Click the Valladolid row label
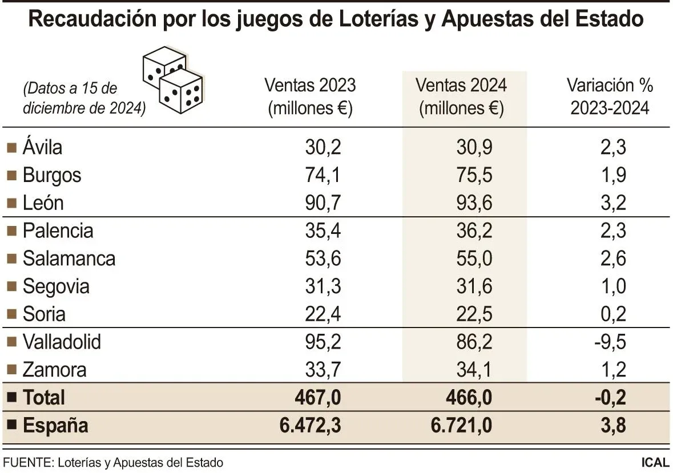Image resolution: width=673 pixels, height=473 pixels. (x=62, y=342)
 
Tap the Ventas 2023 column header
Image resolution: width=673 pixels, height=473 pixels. (x=310, y=96)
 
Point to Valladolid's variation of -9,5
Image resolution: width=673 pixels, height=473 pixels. (x=610, y=342)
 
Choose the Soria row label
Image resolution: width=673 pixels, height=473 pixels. (x=44, y=314)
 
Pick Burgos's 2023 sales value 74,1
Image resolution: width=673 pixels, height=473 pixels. (x=323, y=175)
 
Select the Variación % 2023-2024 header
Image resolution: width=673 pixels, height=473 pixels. (x=610, y=96)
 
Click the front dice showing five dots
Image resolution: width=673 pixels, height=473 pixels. (x=181, y=91)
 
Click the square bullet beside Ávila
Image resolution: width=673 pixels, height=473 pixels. (x=11, y=148)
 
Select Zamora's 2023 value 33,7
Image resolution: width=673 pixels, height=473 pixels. (x=323, y=370)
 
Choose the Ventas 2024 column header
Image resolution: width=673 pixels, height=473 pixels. (x=461, y=96)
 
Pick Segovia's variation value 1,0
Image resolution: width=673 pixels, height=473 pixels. (x=614, y=286)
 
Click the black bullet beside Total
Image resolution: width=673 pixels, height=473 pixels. (x=11, y=398)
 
